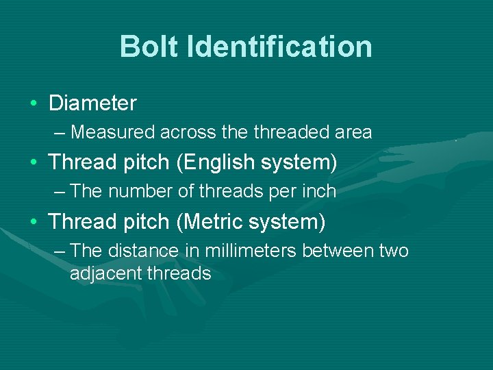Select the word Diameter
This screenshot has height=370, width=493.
92,103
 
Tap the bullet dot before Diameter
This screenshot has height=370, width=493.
34,104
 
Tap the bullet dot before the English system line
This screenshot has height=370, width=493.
34,163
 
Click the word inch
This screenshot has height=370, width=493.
318,191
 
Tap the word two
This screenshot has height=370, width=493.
394,251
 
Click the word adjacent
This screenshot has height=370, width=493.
105,273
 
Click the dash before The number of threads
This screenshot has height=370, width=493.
60,191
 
